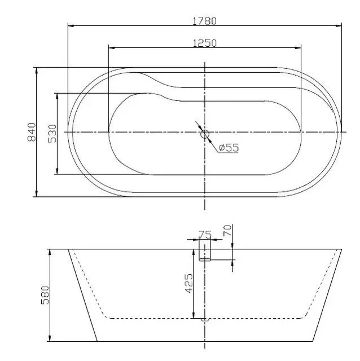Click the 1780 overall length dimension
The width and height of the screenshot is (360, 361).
pos(204,21)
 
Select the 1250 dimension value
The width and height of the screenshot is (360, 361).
pos(204,43)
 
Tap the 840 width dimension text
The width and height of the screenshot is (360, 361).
pos(32,132)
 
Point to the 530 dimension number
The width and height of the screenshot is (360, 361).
pos(52,134)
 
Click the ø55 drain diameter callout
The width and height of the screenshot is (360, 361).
pos(229,148)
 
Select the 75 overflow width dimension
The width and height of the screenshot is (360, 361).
pos(205,235)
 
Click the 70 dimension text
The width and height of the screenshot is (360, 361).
pos(227,231)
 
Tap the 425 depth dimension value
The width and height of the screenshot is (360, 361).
pos(189,283)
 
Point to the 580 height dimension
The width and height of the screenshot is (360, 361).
pos(45,295)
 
